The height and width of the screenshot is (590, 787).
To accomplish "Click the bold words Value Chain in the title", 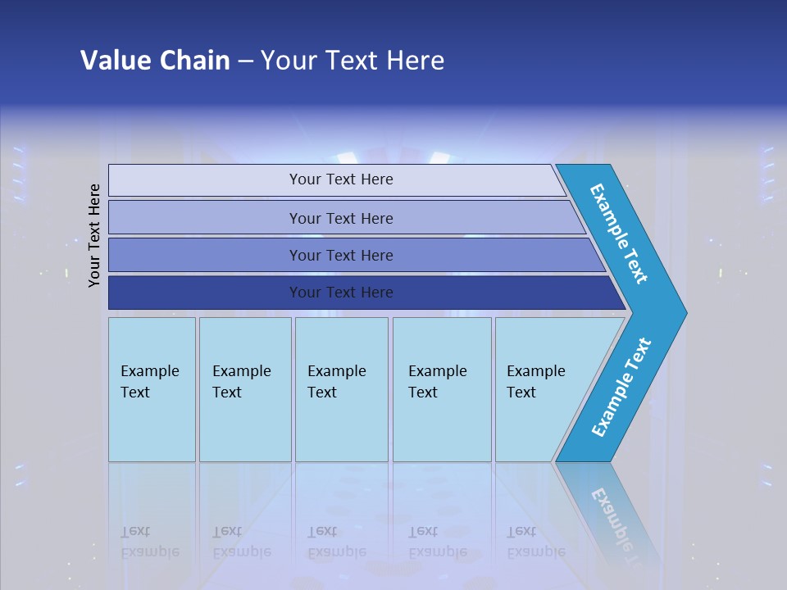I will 155,61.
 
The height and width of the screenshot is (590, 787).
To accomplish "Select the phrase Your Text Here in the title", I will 353,61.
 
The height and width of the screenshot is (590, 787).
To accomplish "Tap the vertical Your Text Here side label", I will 94,235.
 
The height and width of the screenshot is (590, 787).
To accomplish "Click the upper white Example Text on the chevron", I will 619,234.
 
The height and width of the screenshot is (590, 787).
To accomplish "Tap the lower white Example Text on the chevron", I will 621,388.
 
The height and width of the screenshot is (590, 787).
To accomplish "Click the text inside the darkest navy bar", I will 341,293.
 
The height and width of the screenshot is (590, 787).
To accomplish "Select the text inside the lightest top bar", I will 341,179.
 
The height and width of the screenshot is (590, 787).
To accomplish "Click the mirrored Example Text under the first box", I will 149,542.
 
